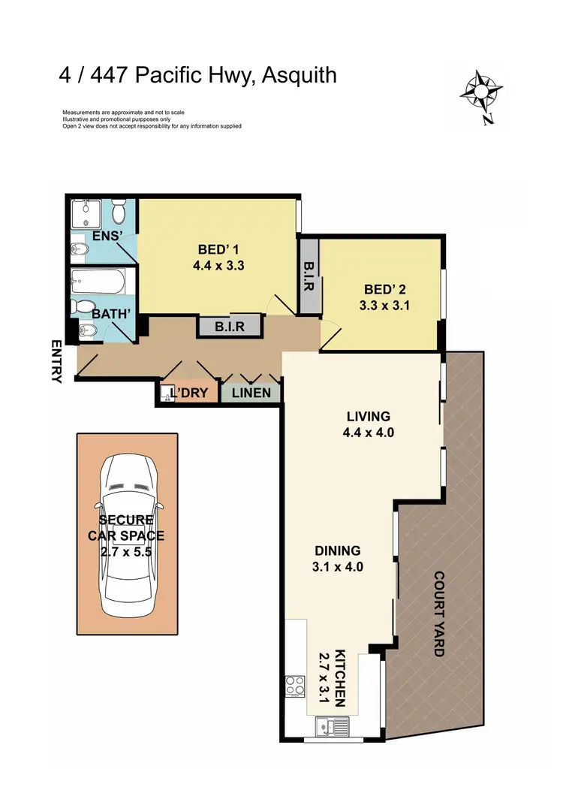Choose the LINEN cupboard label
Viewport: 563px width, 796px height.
pos(251,393)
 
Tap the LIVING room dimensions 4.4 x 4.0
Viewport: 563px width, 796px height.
pos(368,432)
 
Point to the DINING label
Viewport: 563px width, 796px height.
pos(339,550)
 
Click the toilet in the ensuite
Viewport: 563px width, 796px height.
pos(119,214)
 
